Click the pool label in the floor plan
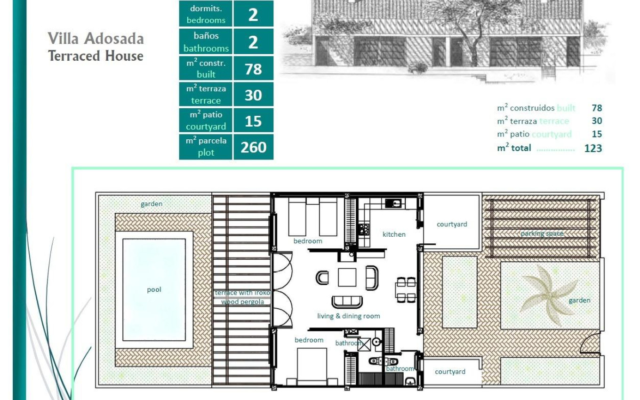[x=154, y=289]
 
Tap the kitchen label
[x=394, y=234]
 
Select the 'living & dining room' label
[x=348, y=316]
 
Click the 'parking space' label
[x=542, y=233]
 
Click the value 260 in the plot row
[x=253, y=147]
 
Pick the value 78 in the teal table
[x=253, y=69]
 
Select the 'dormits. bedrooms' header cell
[x=206, y=14]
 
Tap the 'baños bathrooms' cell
[x=206, y=42]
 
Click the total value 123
[x=592, y=149]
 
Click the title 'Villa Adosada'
[x=96, y=39]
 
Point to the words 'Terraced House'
[x=96, y=56]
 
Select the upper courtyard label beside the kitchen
[x=452, y=224]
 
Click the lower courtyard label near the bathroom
[x=450, y=372]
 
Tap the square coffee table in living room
[x=347, y=277]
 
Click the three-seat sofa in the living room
[x=347, y=302]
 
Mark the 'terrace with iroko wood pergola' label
[x=242, y=297]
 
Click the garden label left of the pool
[x=152, y=204]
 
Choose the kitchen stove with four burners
[x=363, y=229]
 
